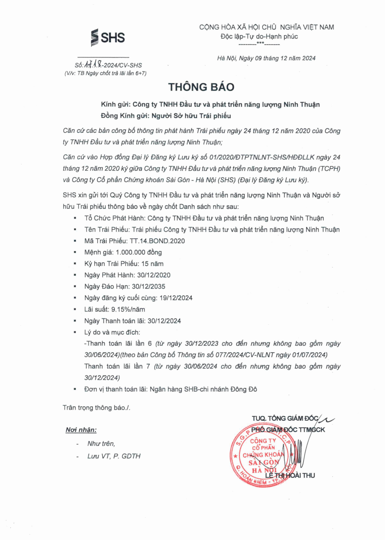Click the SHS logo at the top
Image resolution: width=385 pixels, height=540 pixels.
(x=108, y=37)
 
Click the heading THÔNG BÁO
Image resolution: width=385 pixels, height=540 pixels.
(x=201, y=87)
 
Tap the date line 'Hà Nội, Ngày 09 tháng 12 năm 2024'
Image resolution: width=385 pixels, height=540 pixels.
(x=266, y=58)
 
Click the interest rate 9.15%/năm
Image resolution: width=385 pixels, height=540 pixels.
(x=128, y=309)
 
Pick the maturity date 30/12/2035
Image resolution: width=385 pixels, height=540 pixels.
(x=147, y=287)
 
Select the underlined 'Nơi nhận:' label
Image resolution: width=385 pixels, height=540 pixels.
(x=81, y=430)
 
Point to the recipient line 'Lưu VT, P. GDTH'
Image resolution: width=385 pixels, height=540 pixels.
(x=114, y=456)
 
